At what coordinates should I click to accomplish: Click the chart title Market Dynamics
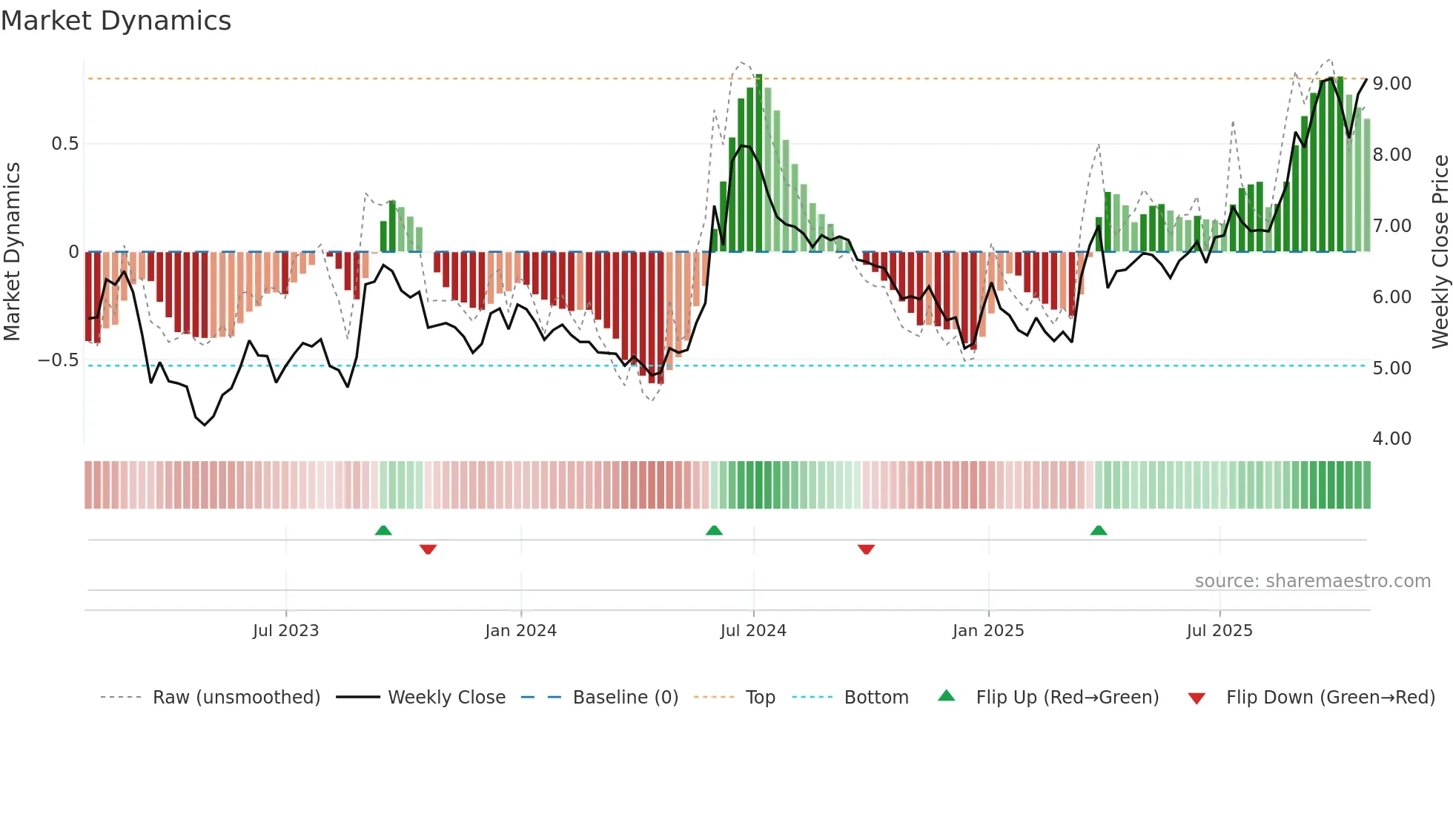pos(116,21)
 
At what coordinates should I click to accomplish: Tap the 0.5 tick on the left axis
pos(65,144)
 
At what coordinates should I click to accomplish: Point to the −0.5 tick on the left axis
pos(59,360)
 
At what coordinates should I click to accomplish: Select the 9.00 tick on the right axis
pos(1391,84)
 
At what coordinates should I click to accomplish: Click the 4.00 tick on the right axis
pos(1391,439)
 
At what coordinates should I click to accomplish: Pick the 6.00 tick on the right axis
pos(1391,297)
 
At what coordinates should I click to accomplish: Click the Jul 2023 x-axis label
pos(285,631)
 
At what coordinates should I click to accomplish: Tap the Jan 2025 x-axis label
pos(988,631)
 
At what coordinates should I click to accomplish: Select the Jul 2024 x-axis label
pos(753,631)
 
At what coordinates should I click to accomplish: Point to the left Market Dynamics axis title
pos(12,252)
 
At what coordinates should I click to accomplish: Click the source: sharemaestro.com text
pos(1312,581)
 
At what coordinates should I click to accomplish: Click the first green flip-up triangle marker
pos(383,531)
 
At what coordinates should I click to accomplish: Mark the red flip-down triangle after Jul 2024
pos(866,549)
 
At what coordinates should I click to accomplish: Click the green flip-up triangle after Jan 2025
pos(1099,531)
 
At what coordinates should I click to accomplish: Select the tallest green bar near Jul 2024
pos(759,163)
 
